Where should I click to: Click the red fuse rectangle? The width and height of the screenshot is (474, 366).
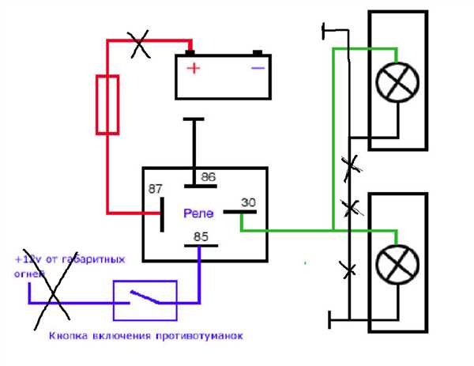(x=96, y=104)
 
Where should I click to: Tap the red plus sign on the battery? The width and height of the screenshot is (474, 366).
(x=194, y=68)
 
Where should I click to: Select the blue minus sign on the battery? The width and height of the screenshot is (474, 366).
(x=258, y=68)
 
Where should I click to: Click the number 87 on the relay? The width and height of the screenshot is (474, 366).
(x=156, y=189)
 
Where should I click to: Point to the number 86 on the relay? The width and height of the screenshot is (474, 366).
(x=209, y=177)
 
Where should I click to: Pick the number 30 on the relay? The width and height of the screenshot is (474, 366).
(x=249, y=202)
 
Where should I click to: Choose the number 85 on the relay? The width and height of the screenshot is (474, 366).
(x=201, y=236)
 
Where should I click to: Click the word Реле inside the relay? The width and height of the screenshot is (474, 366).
(x=198, y=213)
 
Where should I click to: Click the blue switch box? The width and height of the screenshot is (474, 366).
(x=114, y=300)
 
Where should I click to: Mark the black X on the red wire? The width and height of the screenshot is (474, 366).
(x=139, y=43)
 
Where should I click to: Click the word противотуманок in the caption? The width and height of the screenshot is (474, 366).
(x=200, y=336)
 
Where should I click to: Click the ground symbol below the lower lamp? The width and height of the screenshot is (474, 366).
(x=329, y=319)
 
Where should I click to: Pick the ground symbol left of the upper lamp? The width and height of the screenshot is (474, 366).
(x=323, y=31)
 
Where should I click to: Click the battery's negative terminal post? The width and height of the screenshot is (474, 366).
(x=258, y=53)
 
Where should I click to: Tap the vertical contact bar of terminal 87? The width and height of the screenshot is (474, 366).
(x=162, y=215)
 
